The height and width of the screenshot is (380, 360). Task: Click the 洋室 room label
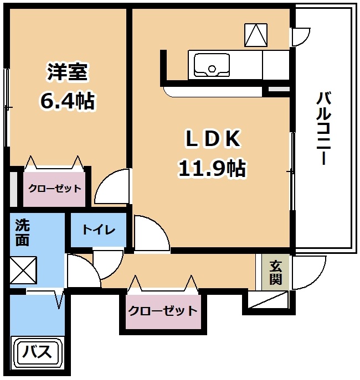tap(67, 72)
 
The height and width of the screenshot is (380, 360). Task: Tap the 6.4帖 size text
tap(67, 101)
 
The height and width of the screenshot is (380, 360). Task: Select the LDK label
tap(213, 139)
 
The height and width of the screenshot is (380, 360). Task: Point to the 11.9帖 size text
tap(212, 168)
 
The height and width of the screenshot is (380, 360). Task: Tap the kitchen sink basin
tap(212, 65)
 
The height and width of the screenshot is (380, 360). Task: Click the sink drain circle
tap(212, 69)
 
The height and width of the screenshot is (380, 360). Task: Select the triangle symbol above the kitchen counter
tap(256, 35)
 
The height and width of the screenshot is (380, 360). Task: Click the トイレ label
tap(99, 230)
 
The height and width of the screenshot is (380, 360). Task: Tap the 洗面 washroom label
tap(23, 232)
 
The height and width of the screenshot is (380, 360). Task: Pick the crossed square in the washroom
tap(23, 270)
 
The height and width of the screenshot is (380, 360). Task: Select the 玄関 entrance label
tap(276, 272)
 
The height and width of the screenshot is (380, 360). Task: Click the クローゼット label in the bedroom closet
tap(55, 188)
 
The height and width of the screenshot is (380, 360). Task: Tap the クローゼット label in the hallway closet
tap(163, 311)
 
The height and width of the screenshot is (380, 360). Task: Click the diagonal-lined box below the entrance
tap(268, 300)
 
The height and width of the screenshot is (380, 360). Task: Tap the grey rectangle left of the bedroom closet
tap(14, 189)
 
